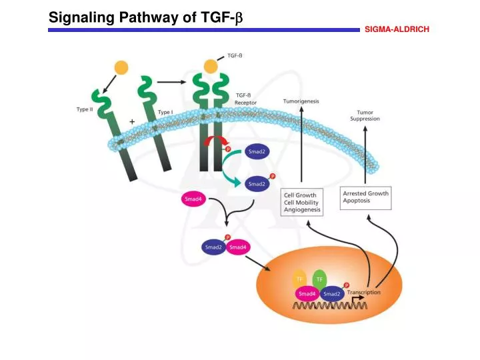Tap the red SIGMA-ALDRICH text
397,29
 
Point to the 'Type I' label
165,112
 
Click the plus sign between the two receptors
132,121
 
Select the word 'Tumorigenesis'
301,101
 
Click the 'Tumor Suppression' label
365,115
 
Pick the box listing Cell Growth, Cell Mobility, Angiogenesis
301,202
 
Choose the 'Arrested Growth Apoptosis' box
365,197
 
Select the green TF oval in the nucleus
319,279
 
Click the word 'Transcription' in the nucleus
363,292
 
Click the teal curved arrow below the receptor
231,176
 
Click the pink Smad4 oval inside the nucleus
307,293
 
